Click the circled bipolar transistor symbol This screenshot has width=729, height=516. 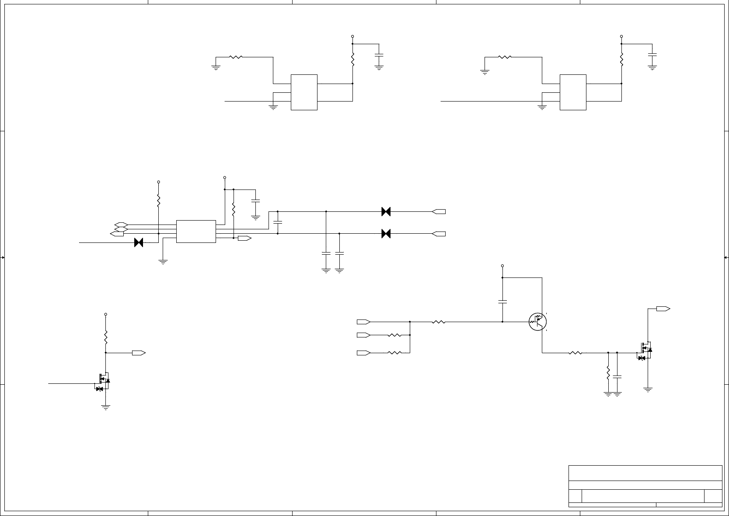tap(537, 322)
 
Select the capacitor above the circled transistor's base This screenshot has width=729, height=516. tap(502, 301)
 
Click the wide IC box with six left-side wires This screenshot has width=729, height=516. tap(196, 231)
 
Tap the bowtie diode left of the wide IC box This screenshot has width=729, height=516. tap(139, 242)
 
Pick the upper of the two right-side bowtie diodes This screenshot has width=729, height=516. tap(386, 211)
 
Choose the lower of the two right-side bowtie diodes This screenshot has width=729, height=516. tap(386, 234)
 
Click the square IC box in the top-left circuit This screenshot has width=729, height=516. tap(304, 92)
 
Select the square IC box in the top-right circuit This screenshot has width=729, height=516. tap(573, 92)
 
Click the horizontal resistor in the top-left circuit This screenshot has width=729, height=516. tap(236, 57)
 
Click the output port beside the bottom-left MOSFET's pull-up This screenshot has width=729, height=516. tap(139, 352)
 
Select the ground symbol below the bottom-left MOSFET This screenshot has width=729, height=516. tap(105, 407)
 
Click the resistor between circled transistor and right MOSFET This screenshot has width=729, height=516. tap(575, 352)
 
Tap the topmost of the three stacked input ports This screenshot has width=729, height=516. tap(363, 322)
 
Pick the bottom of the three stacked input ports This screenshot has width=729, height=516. tap(363, 352)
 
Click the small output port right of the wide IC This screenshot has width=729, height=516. tap(244, 238)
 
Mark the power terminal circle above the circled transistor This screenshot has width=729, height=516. tap(502, 266)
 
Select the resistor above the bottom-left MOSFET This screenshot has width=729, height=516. tap(105, 337)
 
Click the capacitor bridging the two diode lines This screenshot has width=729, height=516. tap(278, 222)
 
